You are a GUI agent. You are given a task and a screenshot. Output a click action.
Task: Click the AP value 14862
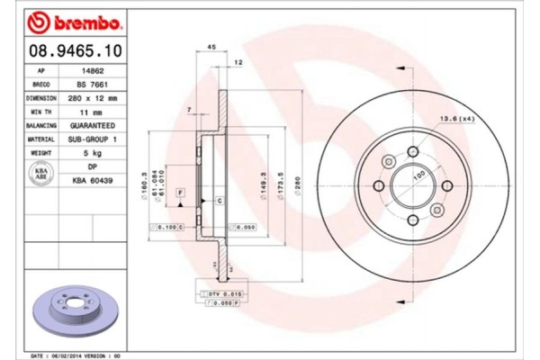(92, 68)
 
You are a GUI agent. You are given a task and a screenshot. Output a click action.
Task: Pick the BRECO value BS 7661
(92, 83)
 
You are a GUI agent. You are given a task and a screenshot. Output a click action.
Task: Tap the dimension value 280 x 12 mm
(92, 97)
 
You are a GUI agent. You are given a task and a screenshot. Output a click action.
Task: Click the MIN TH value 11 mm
(92, 112)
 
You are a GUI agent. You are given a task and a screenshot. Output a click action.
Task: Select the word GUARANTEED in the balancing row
(92, 126)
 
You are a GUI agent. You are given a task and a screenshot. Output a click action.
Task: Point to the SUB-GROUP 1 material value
(92, 140)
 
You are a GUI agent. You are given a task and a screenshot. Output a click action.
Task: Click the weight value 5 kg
(92, 155)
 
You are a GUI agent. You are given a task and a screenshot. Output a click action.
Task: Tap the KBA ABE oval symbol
(40, 174)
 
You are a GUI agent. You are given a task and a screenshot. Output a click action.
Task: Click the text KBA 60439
(92, 181)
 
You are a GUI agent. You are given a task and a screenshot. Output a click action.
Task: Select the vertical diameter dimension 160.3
(145, 184)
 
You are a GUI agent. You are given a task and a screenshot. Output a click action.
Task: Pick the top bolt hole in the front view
(412, 152)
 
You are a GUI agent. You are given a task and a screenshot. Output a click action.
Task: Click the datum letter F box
(180, 193)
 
